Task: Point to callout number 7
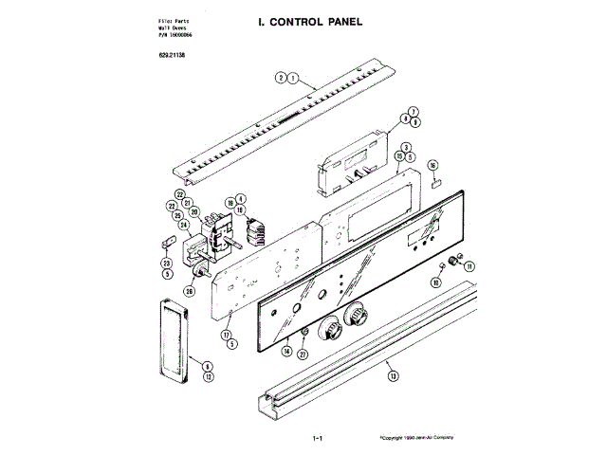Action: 414,112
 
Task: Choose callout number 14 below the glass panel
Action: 285,351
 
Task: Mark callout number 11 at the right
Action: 469,266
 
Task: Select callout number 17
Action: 227,335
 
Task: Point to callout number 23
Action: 166,263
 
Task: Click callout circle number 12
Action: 208,376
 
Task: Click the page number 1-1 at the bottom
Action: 318,439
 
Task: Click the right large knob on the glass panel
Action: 357,316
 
